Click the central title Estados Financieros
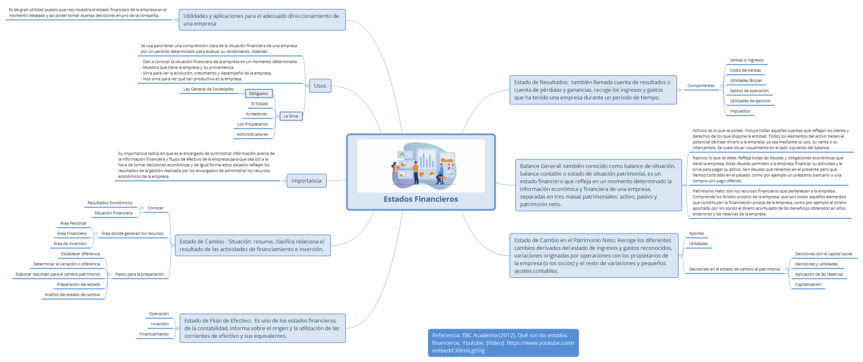[x=420, y=199]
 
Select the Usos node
[x=320, y=86]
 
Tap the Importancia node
[x=306, y=181]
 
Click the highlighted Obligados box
[x=259, y=93]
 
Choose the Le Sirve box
[x=291, y=116]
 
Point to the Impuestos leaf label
[x=740, y=111]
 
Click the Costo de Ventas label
[x=745, y=70]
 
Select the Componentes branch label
[x=701, y=86]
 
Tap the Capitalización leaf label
[x=808, y=285]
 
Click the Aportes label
[x=696, y=234]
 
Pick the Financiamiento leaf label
[x=154, y=334]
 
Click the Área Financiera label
[x=72, y=234]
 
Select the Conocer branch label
[x=156, y=208]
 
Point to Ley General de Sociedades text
[x=208, y=89]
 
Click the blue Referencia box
[x=503, y=343]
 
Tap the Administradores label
[x=252, y=134]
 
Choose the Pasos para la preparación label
[x=140, y=274]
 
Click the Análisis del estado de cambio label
[x=73, y=295]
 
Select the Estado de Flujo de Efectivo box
[x=262, y=328]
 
